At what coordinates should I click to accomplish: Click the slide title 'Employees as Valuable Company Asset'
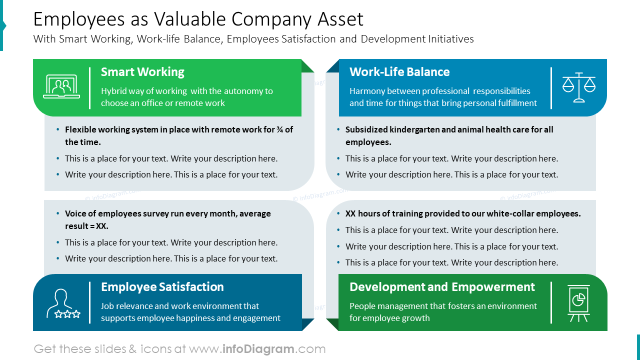point(198,19)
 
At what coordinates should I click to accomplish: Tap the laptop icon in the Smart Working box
point(61,87)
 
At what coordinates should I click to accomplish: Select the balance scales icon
point(579,87)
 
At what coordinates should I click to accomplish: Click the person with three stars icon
point(63,303)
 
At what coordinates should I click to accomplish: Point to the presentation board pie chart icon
point(578,303)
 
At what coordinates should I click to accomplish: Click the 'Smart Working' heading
point(142,72)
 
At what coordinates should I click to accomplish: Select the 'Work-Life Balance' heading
point(399,72)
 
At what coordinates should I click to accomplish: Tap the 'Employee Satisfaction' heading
point(162,287)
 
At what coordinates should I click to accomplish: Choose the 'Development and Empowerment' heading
point(442,287)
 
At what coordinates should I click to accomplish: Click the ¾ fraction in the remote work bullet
point(279,129)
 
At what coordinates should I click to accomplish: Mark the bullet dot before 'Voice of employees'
point(58,213)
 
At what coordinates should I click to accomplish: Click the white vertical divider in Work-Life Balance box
point(551,88)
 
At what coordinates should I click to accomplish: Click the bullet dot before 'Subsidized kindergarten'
point(339,129)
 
